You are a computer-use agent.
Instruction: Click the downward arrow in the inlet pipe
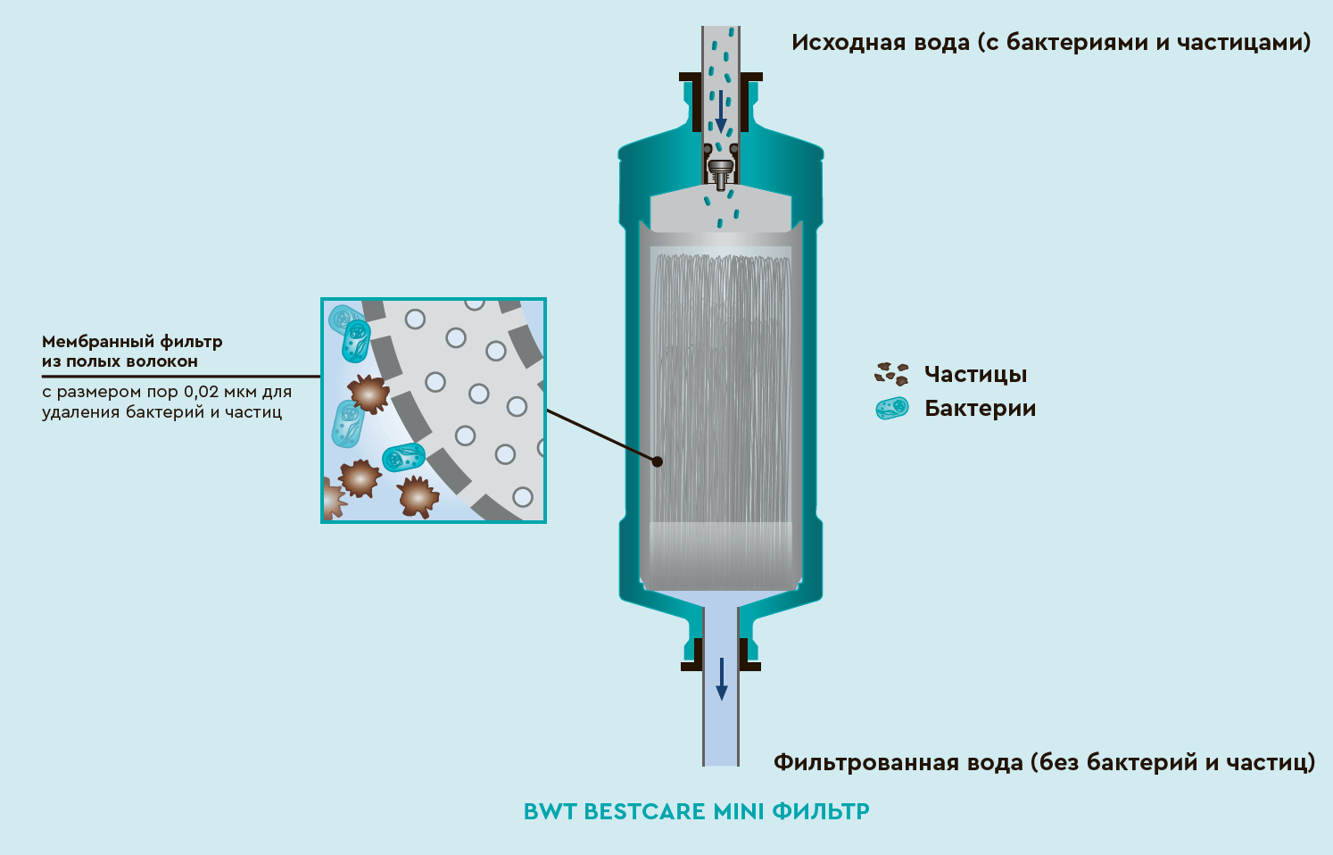click(720, 111)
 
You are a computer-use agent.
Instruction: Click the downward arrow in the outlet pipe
click(722, 679)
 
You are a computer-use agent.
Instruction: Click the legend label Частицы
click(975, 375)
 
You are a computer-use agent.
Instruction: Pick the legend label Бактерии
click(980, 409)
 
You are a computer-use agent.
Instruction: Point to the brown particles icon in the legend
click(891, 374)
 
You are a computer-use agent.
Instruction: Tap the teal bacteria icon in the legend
click(891, 409)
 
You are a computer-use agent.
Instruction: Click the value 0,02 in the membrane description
click(202, 393)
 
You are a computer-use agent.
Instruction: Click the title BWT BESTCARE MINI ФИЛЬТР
click(696, 811)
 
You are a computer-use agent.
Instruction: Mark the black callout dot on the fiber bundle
click(657, 461)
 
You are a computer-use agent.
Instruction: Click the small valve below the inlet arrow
click(720, 170)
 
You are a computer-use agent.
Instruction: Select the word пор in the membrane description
click(162, 393)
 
